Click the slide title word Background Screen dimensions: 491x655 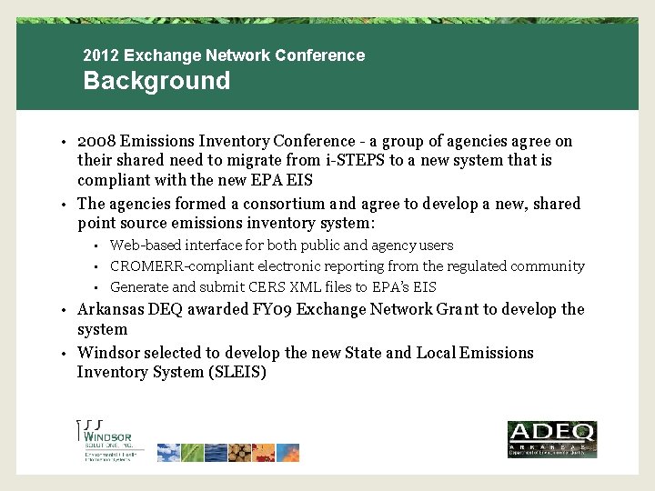coord(156,81)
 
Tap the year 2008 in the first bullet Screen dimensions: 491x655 coord(96,141)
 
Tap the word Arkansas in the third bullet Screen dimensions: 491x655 coord(109,309)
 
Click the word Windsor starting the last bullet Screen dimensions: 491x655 coord(107,353)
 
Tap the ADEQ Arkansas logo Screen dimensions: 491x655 coord(551,439)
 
